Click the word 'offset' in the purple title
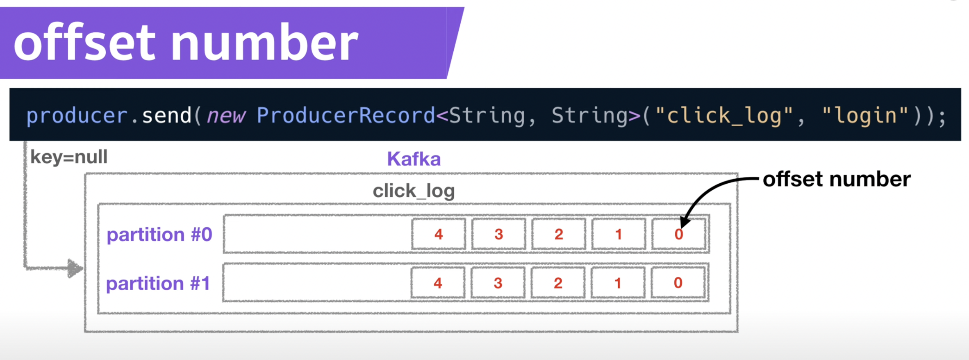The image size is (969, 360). click(x=84, y=43)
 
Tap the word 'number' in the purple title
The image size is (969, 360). click(x=264, y=43)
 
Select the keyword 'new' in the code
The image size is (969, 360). click(x=226, y=116)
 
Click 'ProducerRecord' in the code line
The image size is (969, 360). click(x=346, y=115)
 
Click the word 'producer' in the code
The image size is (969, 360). click(x=77, y=116)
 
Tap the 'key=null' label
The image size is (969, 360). click(x=69, y=157)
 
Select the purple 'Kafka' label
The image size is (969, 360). click(x=414, y=159)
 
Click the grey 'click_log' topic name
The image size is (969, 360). click(x=414, y=191)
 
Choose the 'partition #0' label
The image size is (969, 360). click(x=159, y=235)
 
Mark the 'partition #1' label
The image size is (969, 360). click(x=158, y=283)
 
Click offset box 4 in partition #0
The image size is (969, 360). click(x=439, y=234)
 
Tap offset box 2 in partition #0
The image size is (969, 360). click(x=559, y=234)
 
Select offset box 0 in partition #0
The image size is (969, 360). click(x=679, y=234)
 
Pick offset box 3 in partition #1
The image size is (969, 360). click(x=498, y=283)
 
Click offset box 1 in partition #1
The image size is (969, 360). click(x=618, y=283)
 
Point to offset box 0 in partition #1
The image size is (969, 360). click(x=678, y=283)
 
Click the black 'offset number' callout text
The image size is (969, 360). click(x=837, y=179)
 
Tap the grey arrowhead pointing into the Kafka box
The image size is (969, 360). click(x=75, y=268)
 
